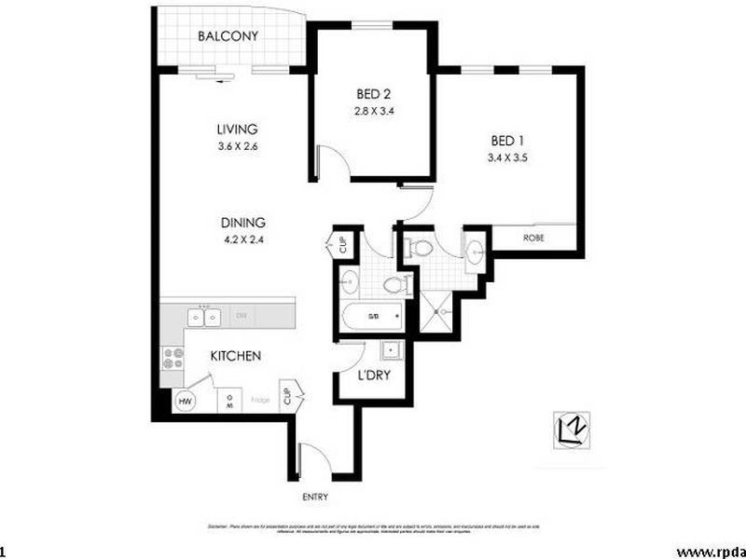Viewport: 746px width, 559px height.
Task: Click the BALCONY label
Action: (227, 37)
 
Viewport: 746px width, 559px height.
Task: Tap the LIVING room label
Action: (237, 130)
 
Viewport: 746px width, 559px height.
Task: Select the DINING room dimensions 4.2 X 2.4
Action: (242, 239)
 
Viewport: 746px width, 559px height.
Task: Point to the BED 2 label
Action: (373, 94)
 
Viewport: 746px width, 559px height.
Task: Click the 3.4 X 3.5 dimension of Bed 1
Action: (508, 157)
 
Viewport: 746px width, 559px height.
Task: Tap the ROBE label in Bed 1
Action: (533, 238)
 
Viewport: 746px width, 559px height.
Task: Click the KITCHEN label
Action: (234, 356)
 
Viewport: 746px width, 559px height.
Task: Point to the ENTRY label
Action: (315, 498)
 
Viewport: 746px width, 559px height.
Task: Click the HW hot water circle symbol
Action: (185, 401)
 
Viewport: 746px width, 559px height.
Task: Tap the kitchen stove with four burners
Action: (173, 357)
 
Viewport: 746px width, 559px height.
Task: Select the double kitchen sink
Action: (204, 318)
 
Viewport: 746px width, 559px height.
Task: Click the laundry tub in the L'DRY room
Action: (391, 351)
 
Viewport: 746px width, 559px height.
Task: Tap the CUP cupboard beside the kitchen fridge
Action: (287, 395)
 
